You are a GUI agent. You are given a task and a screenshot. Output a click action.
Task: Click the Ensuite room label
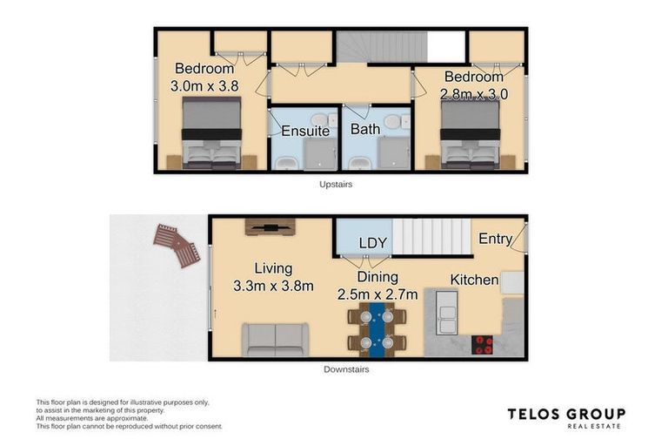pos(305,132)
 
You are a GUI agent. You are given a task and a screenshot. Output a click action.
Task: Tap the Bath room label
pos(365,130)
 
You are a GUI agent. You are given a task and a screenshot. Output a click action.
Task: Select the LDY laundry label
pos(372,242)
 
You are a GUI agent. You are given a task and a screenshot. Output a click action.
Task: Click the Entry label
pos(494,239)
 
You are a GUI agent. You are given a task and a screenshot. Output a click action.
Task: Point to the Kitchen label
pos(474,280)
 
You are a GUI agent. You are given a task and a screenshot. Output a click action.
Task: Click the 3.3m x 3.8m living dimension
pos(273,286)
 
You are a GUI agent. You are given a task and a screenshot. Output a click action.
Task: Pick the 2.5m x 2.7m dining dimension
pos(377,294)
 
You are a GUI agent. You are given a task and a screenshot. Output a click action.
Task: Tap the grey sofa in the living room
pos(275,339)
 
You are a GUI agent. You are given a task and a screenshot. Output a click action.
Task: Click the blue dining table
pos(376,330)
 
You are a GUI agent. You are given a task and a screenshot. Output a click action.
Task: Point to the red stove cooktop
pos(483,342)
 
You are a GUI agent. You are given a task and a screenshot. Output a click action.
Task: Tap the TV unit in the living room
pos(270,226)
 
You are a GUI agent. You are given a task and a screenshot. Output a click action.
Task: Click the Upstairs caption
pos(335,185)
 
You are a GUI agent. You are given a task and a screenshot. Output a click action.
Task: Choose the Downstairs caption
pos(345,369)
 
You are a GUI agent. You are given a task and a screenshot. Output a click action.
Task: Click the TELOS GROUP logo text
pos(566,414)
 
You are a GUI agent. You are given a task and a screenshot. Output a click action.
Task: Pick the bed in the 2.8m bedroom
pos(471,135)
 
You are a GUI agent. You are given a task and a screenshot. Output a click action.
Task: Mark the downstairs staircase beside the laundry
pos(432,237)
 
